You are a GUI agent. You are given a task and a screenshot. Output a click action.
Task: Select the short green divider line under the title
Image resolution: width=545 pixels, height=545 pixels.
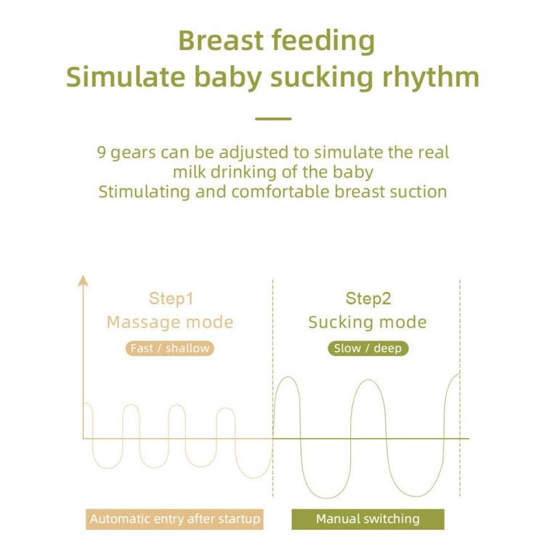pos(273,118)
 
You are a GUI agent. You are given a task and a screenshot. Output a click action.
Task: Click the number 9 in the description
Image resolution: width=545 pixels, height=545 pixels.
pos(102,153)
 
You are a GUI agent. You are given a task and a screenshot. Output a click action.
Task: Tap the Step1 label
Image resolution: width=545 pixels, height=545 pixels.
pos(171,299)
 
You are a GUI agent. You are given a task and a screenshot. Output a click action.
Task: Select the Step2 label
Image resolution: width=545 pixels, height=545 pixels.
pos(368,299)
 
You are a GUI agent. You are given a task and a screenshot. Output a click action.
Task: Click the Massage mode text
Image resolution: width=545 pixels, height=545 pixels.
pos(170,322)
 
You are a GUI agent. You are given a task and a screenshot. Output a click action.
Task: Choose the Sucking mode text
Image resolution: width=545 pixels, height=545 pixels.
pos(367,322)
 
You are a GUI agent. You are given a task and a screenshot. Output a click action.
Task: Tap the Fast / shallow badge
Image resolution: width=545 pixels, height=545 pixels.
pos(170,348)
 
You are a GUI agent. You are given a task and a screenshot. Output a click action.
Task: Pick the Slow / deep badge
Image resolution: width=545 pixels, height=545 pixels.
pos(368,348)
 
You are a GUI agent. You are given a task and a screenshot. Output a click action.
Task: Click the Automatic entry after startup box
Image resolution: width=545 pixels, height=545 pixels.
pos(174,519)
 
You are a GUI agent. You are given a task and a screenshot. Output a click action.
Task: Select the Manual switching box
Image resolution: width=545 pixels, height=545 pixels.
pos(368,519)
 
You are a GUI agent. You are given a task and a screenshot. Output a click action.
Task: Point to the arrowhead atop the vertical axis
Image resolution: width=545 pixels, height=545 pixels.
pos(83,280)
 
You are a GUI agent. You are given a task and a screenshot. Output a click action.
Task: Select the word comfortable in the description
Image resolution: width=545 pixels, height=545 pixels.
pos(280,192)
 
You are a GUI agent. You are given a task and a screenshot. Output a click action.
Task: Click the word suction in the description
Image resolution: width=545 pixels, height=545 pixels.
pos(419,192)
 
